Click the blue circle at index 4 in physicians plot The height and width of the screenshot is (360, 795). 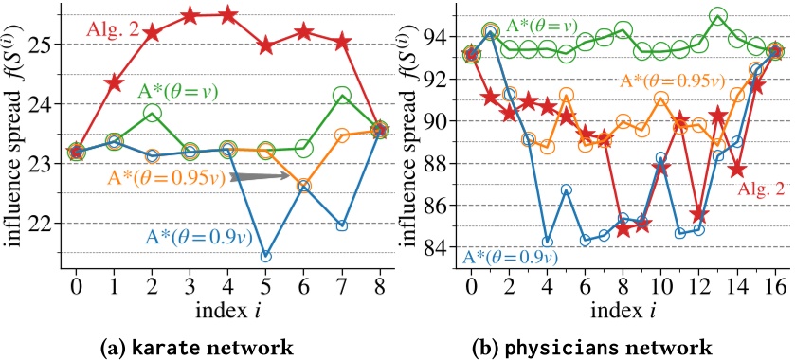(547, 241)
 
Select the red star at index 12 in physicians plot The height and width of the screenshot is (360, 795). (699, 214)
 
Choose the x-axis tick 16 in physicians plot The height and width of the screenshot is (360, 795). (774, 284)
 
